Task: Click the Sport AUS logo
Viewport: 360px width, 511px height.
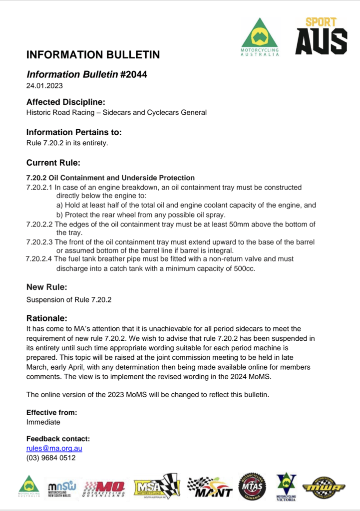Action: [x=321, y=36]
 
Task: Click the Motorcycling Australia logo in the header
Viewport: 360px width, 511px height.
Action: [x=260, y=38]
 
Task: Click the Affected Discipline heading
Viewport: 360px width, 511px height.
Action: [x=65, y=102]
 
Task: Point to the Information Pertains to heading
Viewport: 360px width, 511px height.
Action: [x=74, y=132]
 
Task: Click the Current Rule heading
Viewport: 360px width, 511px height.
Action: [x=53, y=163]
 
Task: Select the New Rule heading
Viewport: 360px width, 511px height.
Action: [x=46, y=287]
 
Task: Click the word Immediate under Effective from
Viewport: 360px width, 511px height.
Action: [x=43, y=422]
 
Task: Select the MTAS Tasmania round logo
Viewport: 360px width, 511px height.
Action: [x=253, y=487]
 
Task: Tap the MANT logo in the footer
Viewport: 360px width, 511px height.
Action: [x=210, y=487]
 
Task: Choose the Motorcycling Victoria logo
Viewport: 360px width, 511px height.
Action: [x=286, y=487]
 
